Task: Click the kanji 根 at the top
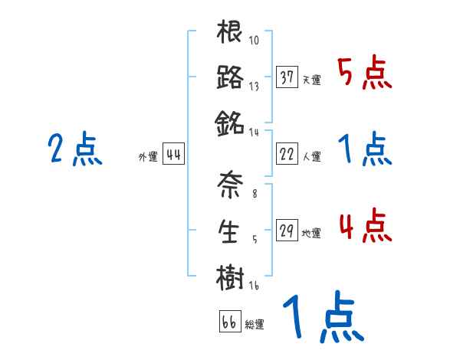coord(230,34)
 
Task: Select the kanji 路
coord(230,78)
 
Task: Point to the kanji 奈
coord(230,185)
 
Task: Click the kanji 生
coord(230,231)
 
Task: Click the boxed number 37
coord(287,77)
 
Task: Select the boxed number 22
coord(287,154)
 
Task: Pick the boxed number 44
coord(173,155)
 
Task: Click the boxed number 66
coord(229,322)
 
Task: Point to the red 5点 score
coord(365,74)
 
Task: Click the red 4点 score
coord(365,227)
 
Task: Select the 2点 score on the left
coord(74,149)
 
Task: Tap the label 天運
coord(310,80)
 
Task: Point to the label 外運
coord(147,157)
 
